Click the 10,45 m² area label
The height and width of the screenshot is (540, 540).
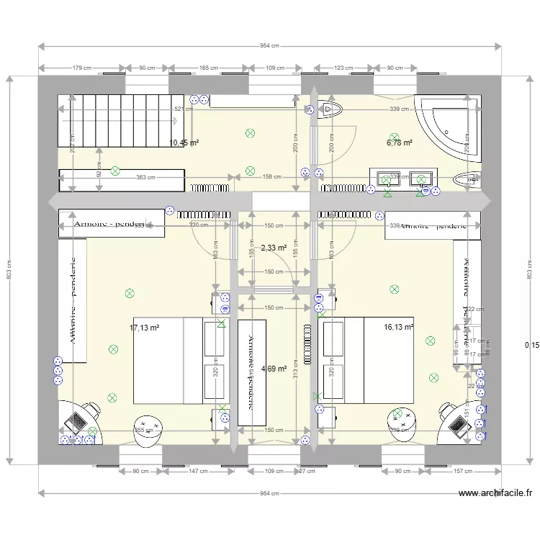[183, 143]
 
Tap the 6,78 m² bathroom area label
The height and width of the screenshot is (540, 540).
[399, 143]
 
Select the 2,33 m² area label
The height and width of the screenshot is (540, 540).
[274, 248]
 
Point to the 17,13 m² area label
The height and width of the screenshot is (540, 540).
[144, 328]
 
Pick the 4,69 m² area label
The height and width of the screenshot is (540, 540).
[274, 369]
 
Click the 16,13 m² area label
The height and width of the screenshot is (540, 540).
[399, 326]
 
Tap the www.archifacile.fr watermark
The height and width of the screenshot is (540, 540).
[495, 493]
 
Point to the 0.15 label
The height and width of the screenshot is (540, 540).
[531, 346]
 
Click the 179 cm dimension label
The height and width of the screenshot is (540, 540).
[82, 68]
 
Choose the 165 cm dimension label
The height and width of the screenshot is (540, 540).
[209, 68]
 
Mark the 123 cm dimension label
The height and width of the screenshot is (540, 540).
[343, 68]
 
